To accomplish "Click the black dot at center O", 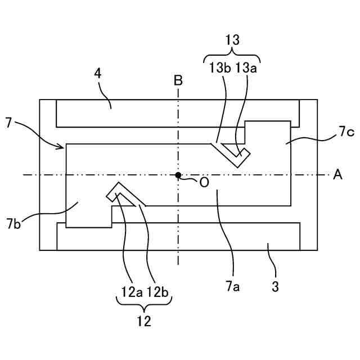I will [x=178, y=175].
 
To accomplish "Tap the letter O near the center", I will [x=204, y=182].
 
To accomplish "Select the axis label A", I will [x=337, y=175].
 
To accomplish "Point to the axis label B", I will [x=178, y=80].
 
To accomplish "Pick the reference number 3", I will [x=275, y=286].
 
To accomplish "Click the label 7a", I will [x=233, y=287].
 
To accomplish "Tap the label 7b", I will [x=15, y=223].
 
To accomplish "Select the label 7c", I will [x=346, y=132].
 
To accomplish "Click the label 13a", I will [x=246, y=68].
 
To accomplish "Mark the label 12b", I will [x=158, y=291].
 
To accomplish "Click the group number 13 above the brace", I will [x=232, y=40].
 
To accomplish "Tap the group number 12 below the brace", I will [x=144, y=321].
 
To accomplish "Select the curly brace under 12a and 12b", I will [x=144, y=305].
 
